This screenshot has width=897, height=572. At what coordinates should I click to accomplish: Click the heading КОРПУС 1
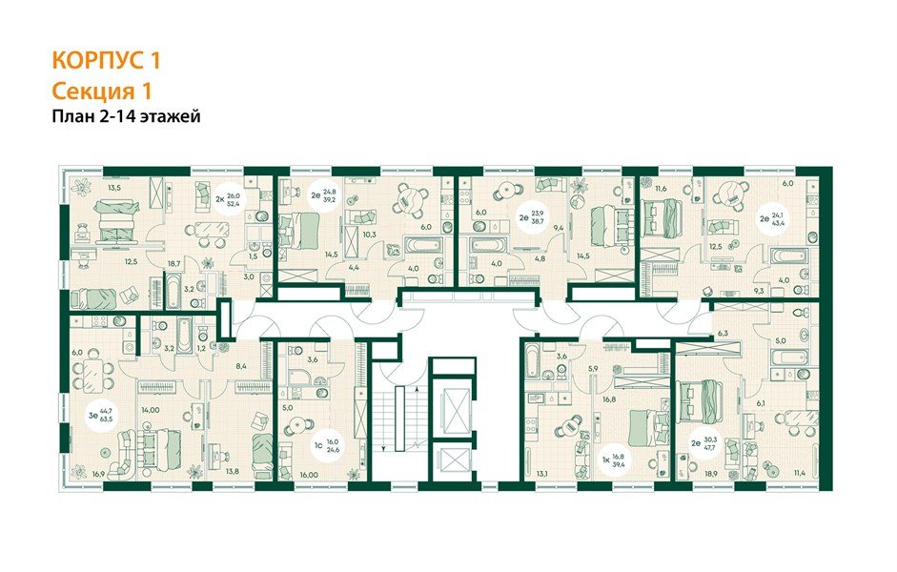(x=105, y=61)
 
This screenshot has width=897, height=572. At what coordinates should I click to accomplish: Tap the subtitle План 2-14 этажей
(x=125, y=117)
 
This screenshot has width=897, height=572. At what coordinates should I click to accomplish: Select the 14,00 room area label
(x=151, y=409)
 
